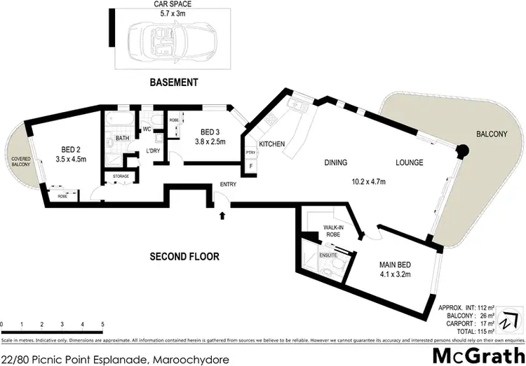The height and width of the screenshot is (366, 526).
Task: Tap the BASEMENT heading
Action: (174, 83)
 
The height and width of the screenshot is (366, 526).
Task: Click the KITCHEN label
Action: (272, 144)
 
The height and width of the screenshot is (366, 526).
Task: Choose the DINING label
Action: (336, 163)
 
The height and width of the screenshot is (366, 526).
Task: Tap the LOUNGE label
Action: (408, 163)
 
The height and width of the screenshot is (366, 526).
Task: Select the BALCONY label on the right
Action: (489, 134)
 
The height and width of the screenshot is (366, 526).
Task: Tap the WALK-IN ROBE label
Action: (332, 232)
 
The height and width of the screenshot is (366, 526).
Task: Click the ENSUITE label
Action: (328, 256)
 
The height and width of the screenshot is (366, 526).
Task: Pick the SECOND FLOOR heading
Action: (184, 257)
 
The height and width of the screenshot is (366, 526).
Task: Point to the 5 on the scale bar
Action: (103, 325)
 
